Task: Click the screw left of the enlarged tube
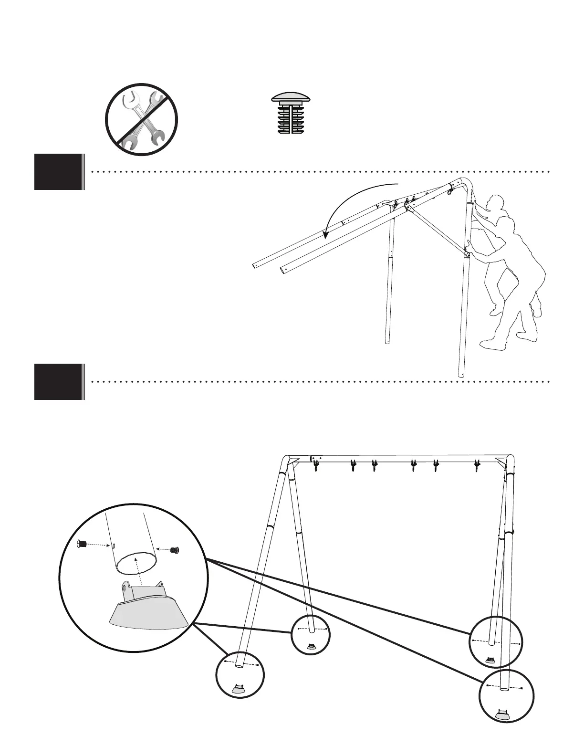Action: (82, 544)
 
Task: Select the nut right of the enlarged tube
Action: (175, 550)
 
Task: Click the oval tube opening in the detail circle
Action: (137, 563)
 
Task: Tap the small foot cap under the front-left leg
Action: (239, 689)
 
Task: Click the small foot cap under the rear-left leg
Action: (311, 647)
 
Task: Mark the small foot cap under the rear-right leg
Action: (490, 660)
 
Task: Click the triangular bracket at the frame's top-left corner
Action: (294, 461)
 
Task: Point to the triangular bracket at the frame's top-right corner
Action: (501, 461)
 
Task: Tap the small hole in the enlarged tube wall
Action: (114, 545)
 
